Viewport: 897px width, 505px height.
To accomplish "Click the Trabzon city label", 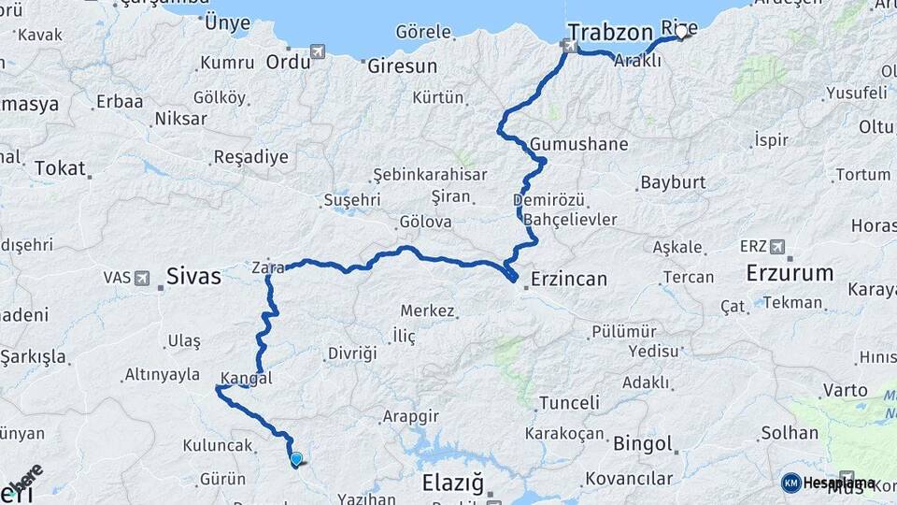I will coord(609,33).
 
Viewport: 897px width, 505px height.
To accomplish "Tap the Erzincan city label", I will coord(568,279).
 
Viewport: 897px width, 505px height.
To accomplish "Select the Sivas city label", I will coord(193,276).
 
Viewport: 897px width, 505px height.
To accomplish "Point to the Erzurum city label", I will coord(790,273).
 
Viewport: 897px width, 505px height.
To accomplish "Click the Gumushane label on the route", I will coord(578,145).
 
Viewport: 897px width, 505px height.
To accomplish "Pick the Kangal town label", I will coord(248,379).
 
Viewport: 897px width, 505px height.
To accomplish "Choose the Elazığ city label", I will coord(453,483).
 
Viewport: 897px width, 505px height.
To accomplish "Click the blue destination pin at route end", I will coord(296,458).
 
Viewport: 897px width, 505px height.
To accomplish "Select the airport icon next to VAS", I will coord(141,278).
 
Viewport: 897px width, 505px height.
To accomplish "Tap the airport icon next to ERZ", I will coord(776,247).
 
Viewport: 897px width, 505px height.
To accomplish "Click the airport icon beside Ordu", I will coord(318,50).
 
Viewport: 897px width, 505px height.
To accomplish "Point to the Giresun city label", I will coord(402,66).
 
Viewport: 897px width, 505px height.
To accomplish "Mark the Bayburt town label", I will coord(673,183).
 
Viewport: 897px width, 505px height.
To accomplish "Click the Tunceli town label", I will coord(568,403).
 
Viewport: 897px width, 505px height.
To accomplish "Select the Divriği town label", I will coord(352,353).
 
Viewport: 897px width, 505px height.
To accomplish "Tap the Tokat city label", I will coord(60,168).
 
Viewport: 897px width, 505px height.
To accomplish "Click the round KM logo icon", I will coord(790,483).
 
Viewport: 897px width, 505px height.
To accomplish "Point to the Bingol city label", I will coord(643,443).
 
